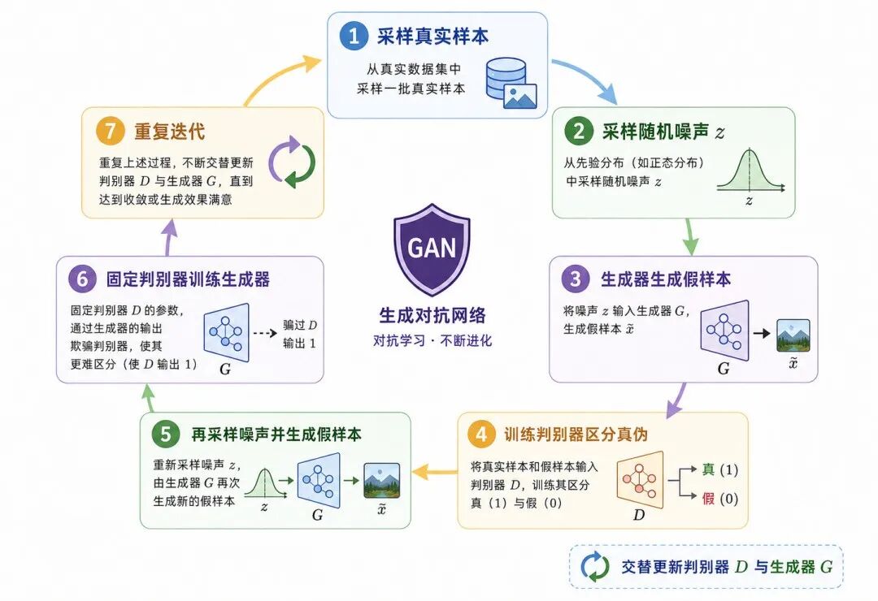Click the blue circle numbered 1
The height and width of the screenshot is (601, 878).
[x=354, y=36]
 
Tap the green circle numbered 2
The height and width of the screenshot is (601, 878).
[x=579, y=132]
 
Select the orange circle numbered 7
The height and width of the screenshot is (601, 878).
[x=110, y=131]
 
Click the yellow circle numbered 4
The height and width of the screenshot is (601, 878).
[x=481, y=435]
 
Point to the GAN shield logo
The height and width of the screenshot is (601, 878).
[x=432, y=249]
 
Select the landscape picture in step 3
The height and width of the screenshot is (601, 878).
[x=793, y=335]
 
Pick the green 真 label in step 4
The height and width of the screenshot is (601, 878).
[x=708, y=469]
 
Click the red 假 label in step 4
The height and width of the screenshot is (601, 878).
[x=708, y=498]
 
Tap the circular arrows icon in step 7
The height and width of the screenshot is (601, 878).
[x=292, y=162]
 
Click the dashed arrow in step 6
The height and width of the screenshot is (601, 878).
[x=265, y=334]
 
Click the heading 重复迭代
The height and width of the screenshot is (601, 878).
[x=169, y=132]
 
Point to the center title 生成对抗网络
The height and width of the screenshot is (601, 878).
[x=432, y=315]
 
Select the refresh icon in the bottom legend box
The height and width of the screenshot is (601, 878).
[x=594, y=566]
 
